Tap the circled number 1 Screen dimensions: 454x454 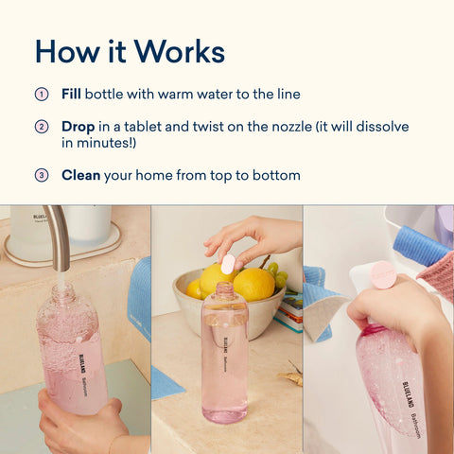(x=41, y=95)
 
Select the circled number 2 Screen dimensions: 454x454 (x=41, y=126)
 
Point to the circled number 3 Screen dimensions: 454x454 (x=41, y=175)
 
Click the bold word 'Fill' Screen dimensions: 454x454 (x=72, y=95)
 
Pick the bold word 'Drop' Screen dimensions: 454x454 (x=78, y=126)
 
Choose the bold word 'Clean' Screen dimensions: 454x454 (x=81, y=175)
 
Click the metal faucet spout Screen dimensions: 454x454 (x=58, y=236)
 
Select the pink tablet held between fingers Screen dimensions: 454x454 (x=228, y=263)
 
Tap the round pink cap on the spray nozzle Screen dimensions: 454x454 (x=383, y=274)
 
